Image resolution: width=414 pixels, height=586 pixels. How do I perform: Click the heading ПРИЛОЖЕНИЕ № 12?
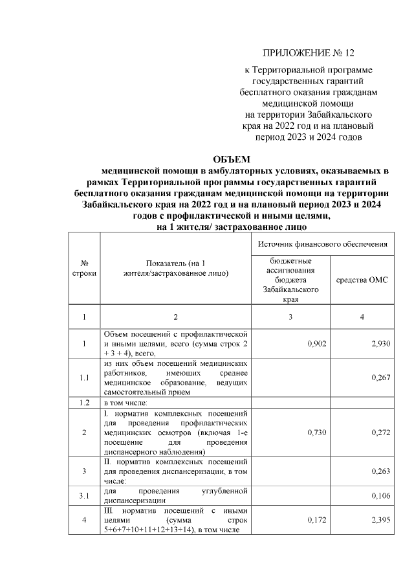309,52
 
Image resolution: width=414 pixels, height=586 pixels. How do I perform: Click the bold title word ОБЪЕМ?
231,159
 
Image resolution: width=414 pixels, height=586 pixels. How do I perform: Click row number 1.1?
84,379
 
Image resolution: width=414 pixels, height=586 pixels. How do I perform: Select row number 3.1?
84,496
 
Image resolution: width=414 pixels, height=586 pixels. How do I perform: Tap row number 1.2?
84,403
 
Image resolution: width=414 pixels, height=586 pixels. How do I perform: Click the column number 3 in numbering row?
290,317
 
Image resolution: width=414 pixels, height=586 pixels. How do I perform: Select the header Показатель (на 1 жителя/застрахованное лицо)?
175,269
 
